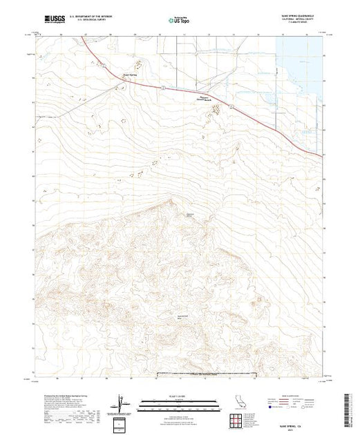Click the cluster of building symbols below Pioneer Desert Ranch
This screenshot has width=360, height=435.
pos(216,108)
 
